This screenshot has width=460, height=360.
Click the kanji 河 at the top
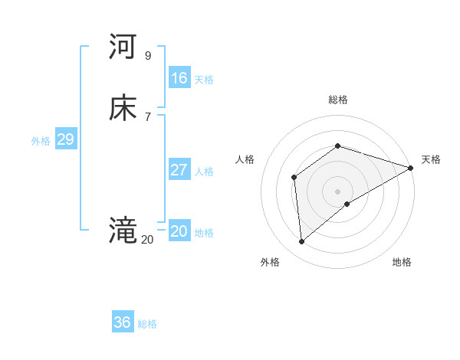123,47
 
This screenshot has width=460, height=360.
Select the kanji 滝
123,229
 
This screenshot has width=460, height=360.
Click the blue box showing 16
179,78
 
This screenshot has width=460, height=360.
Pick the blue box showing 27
179,170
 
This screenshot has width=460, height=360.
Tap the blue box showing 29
65,139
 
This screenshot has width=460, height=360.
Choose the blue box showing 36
122,322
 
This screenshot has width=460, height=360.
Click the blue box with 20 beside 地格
179,231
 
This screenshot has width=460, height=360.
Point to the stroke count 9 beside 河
147,56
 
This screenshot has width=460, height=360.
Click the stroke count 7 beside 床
147,116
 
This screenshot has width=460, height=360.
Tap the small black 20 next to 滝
147,240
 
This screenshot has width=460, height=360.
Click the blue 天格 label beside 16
204,80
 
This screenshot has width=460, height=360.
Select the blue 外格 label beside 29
41,141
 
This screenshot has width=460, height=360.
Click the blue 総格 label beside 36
147,324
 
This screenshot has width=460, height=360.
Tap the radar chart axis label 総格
337,100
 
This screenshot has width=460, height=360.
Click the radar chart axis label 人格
245,159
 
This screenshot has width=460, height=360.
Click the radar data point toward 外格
301,242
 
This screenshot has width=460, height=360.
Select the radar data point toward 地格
347,204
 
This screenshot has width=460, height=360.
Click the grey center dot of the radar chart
337,191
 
